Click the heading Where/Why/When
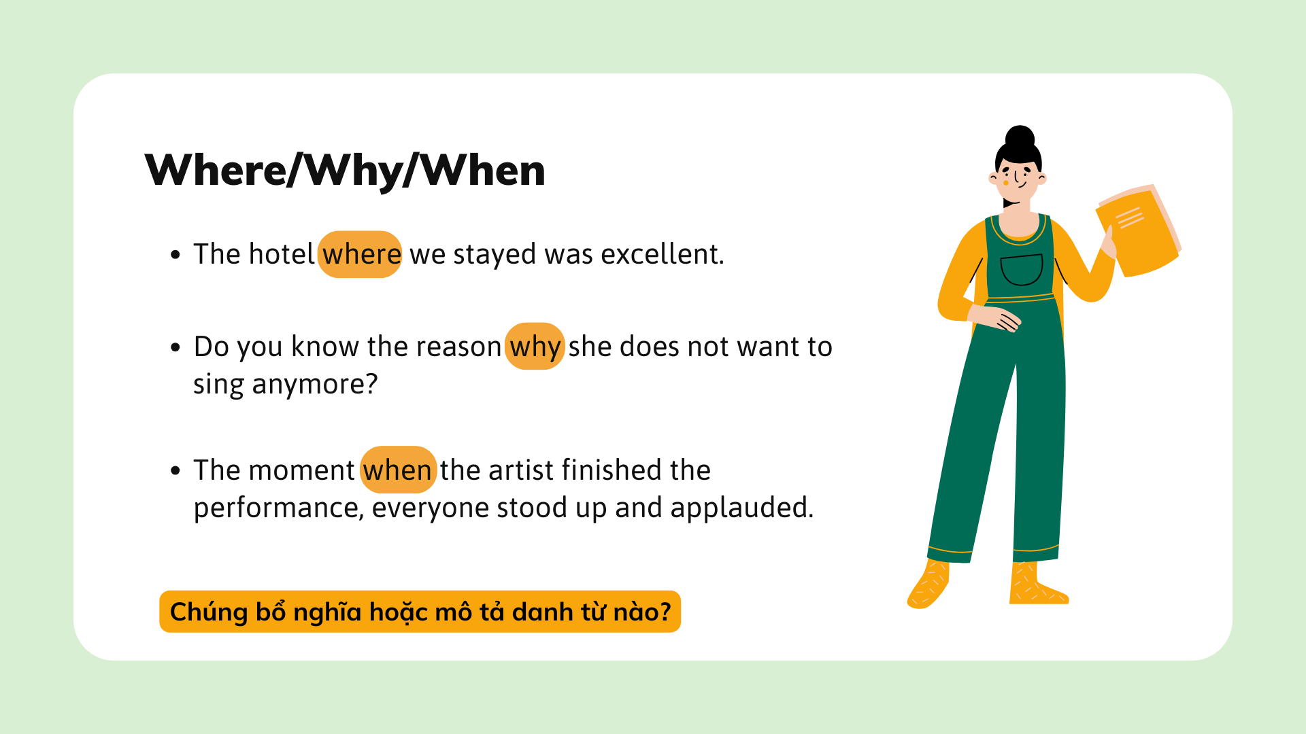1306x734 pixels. click(x=345, y=170)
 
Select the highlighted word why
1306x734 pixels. click(x=535, y=347)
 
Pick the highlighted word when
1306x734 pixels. click(x=398, y=470)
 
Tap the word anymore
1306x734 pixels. click(x=315, y=385)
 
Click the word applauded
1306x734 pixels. click(x=741, y=508)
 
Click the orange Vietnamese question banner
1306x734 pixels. click(x=420, y=612)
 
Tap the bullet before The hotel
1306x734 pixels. click(x=175, y=255)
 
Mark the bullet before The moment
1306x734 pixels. click(x=175, y=470)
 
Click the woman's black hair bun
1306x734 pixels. click(x=1020, y=137)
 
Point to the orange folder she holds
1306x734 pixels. click(x=1137, y=231)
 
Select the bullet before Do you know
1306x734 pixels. click(x=175, y=347)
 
